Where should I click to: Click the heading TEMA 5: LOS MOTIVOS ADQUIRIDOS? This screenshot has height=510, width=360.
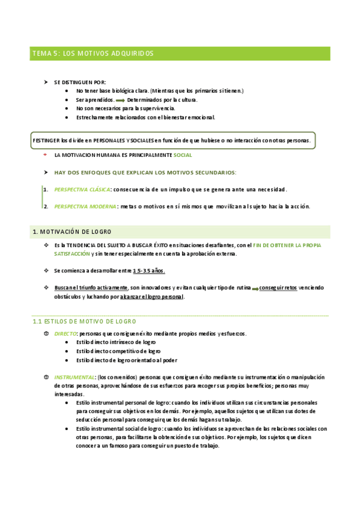93,54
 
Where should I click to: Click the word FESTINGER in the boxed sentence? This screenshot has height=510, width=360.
46,140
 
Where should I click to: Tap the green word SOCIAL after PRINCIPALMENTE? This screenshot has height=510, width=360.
183,155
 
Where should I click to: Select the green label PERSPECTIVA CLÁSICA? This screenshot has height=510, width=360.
82,189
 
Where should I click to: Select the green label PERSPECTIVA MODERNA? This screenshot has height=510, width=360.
84,206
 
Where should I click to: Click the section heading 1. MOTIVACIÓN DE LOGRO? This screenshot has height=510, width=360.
72,232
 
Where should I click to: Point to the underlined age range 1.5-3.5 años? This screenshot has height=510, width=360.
149,271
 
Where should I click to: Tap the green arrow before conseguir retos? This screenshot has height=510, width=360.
255,289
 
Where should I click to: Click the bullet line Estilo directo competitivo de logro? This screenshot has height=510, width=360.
118,351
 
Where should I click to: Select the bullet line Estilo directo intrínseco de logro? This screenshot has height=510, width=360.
116,342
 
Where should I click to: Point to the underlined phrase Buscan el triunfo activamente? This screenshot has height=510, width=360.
91,287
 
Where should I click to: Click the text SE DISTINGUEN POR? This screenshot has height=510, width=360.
80,82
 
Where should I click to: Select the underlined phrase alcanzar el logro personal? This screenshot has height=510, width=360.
152,296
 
